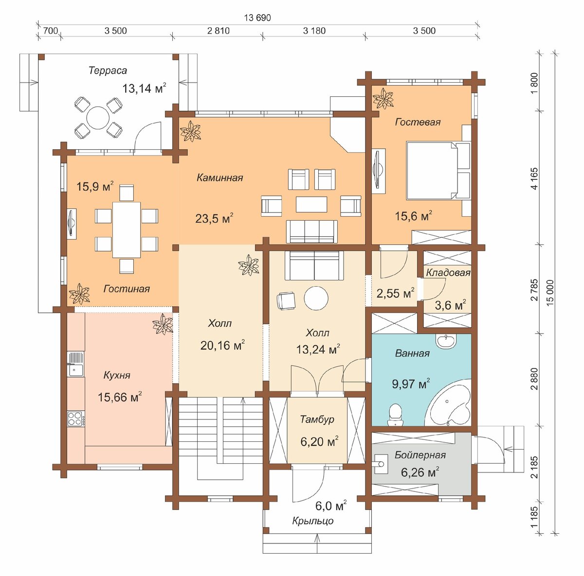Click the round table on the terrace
(x=98, y=118)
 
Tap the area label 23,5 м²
(x=214, y=218)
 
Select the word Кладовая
(x=448, y=273)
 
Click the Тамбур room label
(x=317, y=419)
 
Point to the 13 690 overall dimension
(x=257, y=18)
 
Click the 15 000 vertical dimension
(x=550, y=291)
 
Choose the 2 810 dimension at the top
(x=218, y=31)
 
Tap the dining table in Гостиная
(x=127, y=230)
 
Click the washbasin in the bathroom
(x=445, y=341)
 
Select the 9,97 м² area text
(x=411, y=384)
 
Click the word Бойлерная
(x=420, y=455)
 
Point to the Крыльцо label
(x=313, y=521)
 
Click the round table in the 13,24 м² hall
(x=316, y=298)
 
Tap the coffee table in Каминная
(x=311, y=204)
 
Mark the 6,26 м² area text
(x=420, y=472)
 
